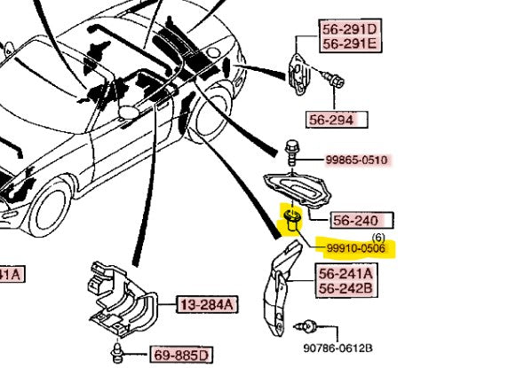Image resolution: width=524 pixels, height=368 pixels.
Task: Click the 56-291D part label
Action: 349,29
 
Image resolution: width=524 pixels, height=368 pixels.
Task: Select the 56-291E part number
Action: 349,43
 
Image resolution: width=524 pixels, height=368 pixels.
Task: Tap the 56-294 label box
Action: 337,120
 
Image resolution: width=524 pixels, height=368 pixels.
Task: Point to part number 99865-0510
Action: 356,161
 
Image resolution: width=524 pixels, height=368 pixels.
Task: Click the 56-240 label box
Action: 362,220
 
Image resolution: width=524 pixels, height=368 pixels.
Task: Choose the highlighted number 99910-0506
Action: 356,248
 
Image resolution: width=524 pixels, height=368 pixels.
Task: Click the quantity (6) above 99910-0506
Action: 378,238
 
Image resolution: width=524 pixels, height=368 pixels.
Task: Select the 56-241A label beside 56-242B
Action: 345,274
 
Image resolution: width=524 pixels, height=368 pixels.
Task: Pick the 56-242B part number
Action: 345,288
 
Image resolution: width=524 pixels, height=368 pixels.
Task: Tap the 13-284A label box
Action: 207,304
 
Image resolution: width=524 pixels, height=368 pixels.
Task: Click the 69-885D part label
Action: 181,355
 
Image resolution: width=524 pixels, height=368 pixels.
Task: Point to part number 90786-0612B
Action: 337,348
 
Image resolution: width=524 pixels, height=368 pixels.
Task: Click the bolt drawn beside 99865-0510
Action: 292,153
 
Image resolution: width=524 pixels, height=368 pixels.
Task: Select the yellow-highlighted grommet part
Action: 293,221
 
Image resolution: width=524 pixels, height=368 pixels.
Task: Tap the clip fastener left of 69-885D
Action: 116,352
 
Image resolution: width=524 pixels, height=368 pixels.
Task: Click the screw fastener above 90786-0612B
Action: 306,326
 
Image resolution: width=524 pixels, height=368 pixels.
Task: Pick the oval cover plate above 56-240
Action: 298,188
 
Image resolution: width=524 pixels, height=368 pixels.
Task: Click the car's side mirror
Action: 128,112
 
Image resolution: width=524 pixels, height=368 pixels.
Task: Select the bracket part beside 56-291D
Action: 299,74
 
